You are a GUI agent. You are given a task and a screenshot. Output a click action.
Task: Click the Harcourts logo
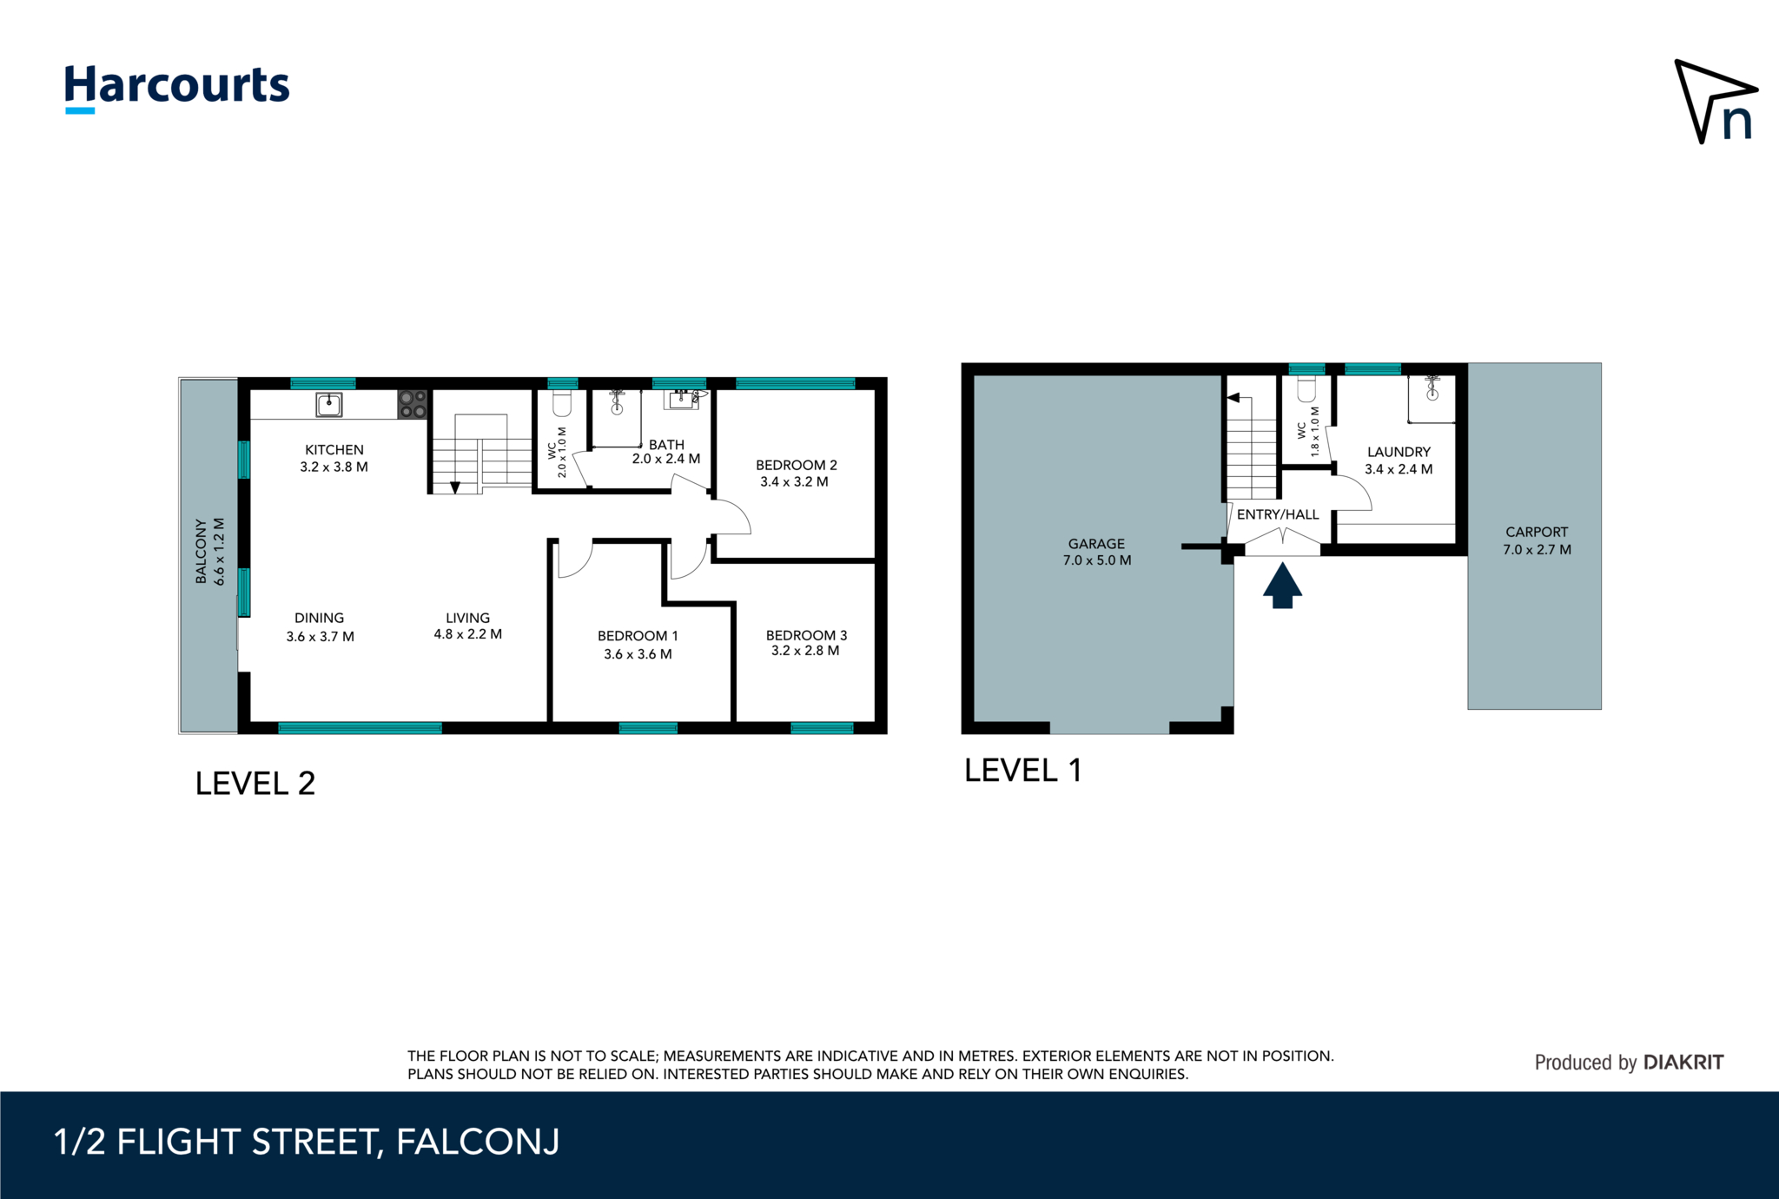177,88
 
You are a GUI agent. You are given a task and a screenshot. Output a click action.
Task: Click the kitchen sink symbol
328,404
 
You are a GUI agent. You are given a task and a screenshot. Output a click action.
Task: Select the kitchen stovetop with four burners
413,404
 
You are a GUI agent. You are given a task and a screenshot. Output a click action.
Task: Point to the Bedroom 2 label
796,465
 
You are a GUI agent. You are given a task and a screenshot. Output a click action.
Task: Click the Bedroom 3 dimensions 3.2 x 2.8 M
805,651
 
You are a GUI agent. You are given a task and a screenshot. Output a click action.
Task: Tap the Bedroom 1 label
638,636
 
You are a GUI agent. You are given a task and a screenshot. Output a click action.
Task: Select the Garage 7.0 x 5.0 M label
1096,552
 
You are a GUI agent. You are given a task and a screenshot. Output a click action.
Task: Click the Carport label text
1537,532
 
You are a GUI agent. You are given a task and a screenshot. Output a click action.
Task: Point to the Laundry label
1399,452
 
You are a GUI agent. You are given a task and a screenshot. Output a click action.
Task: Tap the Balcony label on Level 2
202,552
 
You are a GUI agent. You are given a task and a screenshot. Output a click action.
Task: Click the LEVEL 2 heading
255,784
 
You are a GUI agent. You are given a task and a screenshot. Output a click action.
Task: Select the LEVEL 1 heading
1022,771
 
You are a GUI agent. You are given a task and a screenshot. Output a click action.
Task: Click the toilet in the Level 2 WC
562,404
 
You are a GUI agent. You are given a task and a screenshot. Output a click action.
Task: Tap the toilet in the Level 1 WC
1306,388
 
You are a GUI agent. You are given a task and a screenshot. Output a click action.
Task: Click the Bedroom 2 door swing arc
734,517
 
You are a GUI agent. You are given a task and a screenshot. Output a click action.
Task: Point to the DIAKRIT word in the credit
1683,1062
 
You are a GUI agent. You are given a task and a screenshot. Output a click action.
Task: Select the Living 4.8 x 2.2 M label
467,626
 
